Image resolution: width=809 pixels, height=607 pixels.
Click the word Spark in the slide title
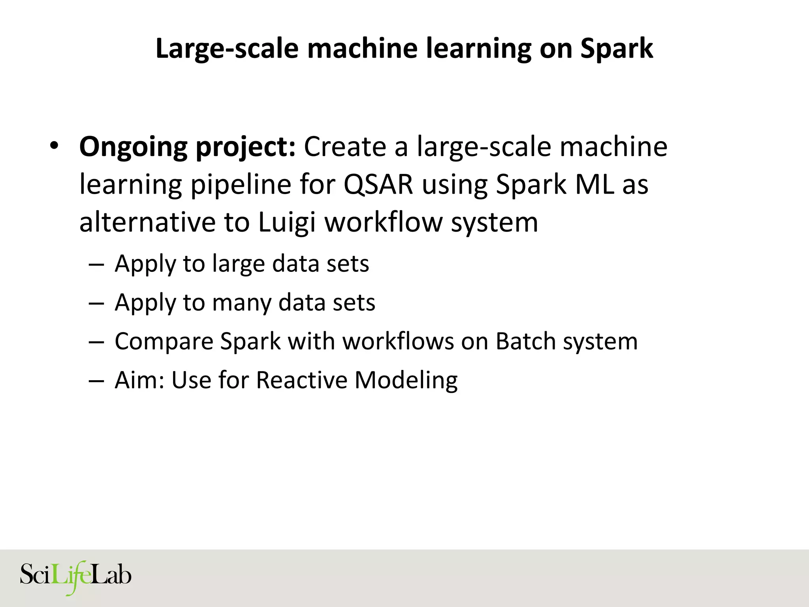point(617,49)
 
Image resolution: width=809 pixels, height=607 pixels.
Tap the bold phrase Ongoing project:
point(187,147)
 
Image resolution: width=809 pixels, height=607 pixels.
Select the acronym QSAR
point(378,185)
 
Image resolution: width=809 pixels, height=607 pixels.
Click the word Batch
point(525,341)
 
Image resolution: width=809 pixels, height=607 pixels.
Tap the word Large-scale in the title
point(227,49)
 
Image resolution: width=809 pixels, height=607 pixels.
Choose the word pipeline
point(241,185)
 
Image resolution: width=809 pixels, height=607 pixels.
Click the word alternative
point(147,222)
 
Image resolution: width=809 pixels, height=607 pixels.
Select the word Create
point(344,147)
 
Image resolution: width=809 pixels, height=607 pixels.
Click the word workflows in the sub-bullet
point(398,341)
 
